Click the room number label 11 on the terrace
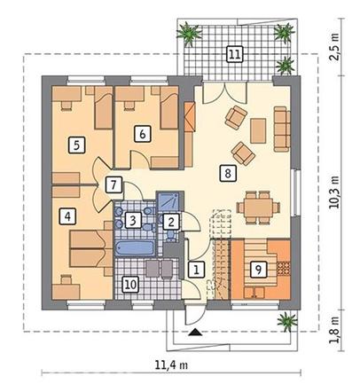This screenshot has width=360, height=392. tap(235, 54)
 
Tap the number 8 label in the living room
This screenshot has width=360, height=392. tap(228, 173)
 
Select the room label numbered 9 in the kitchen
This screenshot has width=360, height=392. tap(258, 270)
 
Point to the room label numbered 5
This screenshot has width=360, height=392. tap(77, 145)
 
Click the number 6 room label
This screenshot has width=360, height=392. tap(142, 134)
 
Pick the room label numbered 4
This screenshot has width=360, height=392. tap(67, 216)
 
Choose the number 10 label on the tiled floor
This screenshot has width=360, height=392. tap(130, 285)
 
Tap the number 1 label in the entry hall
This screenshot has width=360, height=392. tap(196, 270)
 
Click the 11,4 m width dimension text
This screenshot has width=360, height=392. tap(171, 365)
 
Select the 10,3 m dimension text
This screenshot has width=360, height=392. tap(335, 192)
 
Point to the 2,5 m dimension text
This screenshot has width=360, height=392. tap(335, 47)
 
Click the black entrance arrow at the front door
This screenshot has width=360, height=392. tap(195, 332)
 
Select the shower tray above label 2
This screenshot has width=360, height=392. tap(168, 202)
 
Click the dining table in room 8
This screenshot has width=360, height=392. tap(258, 208)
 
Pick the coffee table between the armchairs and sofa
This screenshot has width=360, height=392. tap(258, 130)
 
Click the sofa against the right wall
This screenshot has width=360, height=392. tap(282, 129)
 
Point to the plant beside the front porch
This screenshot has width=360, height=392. tap(287, 321)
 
